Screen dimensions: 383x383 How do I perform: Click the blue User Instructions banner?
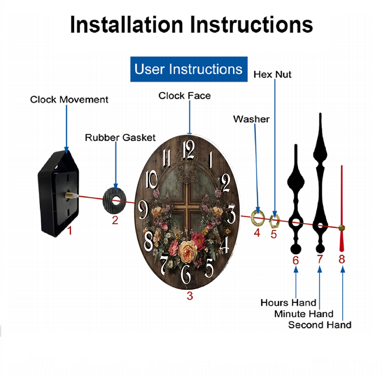tap(189, 69)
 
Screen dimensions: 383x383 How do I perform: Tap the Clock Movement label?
tap(69, 100)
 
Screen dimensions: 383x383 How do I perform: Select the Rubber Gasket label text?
tap(120, 137)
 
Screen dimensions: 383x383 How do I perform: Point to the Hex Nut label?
tap(272, 75)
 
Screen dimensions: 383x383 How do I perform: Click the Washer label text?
tap(251, 119)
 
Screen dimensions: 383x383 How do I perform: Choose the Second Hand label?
tap(320, 325)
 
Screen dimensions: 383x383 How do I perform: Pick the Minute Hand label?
tap(304, 314)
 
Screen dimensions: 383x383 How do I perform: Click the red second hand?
tap(342, 209)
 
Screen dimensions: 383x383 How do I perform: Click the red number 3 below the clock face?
tap(190, 296)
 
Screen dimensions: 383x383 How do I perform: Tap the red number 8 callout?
tap(342, 259)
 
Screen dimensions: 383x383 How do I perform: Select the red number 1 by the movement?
tap(70, 230)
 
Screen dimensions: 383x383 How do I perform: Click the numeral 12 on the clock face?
tap(189, 149)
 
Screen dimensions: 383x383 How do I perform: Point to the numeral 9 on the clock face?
tap(143, 210)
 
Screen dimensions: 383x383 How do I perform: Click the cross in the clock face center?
tap(187, 208)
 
